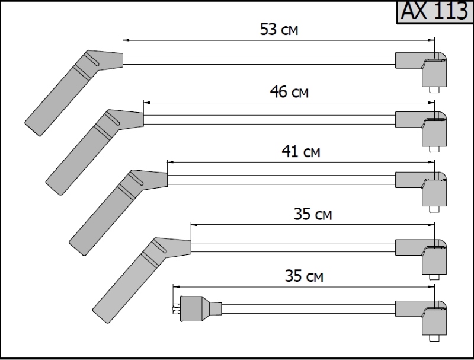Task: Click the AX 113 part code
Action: (x=434, y=11)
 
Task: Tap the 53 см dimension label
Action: (x=279, y=30)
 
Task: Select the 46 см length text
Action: (x=289, y=92)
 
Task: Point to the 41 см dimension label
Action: (x=301, y=151)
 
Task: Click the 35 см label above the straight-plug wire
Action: (x=304, y=276)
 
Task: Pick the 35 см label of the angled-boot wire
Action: (x=313, y=214)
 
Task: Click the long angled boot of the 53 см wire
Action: (x=73, y=93)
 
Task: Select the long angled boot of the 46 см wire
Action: (x=95, y=152)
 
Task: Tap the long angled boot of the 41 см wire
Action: (x=118, y=212)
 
